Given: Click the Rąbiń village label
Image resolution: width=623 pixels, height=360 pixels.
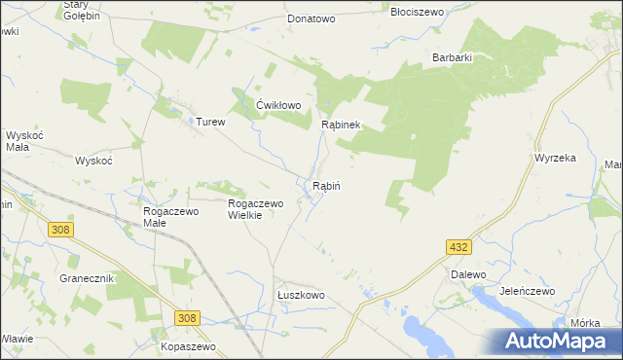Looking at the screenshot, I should (326, 185).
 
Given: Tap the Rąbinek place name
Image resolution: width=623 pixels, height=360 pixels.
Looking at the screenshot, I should (342, 125).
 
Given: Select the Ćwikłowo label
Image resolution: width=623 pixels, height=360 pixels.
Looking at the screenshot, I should (278, 105).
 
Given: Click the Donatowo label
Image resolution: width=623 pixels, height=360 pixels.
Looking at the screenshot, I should (311, 18).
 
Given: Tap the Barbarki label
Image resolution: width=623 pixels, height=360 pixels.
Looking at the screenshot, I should (453, 57).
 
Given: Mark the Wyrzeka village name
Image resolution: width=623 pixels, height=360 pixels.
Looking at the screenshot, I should (556, 157).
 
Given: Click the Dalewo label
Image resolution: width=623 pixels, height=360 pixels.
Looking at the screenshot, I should (468, 274).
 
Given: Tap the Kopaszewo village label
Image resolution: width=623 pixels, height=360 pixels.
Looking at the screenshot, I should (188, 346).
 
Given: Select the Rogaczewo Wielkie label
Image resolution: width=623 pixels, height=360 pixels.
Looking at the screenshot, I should (255, 209).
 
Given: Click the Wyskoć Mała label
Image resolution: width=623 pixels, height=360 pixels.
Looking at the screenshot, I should (19, 141).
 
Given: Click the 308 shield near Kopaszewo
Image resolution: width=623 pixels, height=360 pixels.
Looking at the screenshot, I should (189, 318).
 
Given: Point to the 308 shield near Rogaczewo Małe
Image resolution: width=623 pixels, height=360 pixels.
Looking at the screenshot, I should (60, 228).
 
